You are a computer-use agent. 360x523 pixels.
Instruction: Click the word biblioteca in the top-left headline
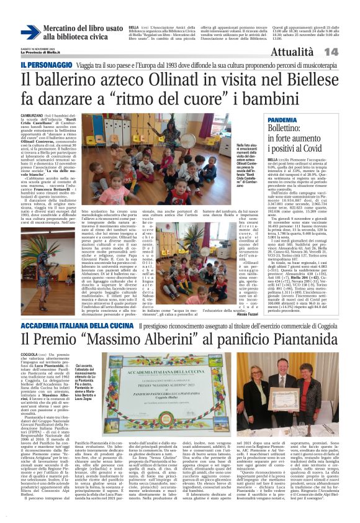(71, 37)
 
